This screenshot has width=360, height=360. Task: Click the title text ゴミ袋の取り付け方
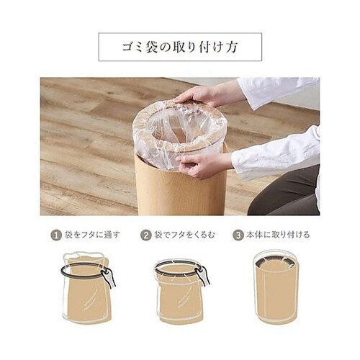[x=180, y=47]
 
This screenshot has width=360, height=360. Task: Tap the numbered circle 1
[x=55, y=235]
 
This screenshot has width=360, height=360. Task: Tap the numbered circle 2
[x=145, y=235]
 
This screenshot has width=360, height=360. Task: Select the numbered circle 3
[x=238, y=235]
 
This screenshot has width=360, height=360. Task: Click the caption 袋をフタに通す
[x=91, y=235]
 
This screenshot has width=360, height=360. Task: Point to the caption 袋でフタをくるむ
[x=184, y=235]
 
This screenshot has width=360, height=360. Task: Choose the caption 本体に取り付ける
[x=278, y=235]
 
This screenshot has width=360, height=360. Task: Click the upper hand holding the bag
[x=199, y=96]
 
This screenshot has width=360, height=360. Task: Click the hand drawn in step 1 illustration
[x=109, y=277]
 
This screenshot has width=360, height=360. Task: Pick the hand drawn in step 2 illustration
[x=203, y=276]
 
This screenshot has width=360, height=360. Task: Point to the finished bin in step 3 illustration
[x=276, y=287]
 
